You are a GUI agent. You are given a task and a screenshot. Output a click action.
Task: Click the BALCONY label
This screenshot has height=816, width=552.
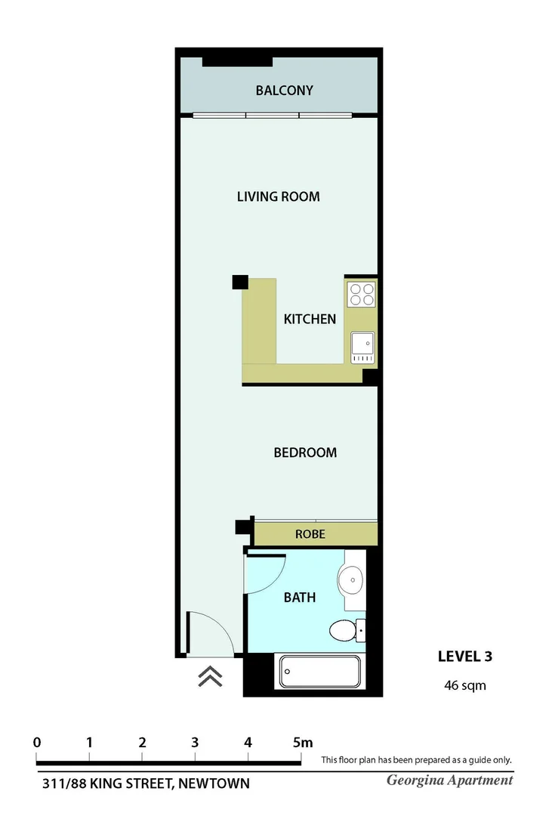tap(284, 91)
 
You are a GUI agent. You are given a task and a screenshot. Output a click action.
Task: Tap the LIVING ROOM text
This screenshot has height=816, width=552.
tap(278, 196)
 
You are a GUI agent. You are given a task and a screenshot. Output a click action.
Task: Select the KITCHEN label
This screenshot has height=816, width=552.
tap(310, 319)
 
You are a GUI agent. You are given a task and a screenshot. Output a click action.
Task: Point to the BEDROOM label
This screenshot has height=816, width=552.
tap(305, 453)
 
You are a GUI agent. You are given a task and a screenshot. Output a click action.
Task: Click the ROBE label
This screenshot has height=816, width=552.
tap(310, 533)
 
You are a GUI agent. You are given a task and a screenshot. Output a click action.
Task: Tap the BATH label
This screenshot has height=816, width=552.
tap(299, 598)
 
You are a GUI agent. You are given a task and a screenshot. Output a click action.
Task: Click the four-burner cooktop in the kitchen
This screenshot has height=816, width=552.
tap(361, 294)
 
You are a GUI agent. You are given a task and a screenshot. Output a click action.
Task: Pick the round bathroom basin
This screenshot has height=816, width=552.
tap(351, 580)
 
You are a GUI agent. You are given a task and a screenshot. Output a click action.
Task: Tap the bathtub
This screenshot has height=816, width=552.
tap(320, 671)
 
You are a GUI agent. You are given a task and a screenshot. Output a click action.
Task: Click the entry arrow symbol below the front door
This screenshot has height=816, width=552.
tap(210, 676)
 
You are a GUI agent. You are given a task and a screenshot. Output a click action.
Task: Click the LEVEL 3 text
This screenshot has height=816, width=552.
tap(465, 656)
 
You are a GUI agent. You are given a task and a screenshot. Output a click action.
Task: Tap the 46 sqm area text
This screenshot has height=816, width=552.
tap(464, 686)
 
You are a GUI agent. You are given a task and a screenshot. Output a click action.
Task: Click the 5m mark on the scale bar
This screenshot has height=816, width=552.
tap(302, 742)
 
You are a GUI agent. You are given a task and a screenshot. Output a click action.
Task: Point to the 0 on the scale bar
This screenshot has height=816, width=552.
tap(37, 742)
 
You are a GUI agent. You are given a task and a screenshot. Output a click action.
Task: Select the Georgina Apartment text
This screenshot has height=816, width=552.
tap(449, 780)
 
